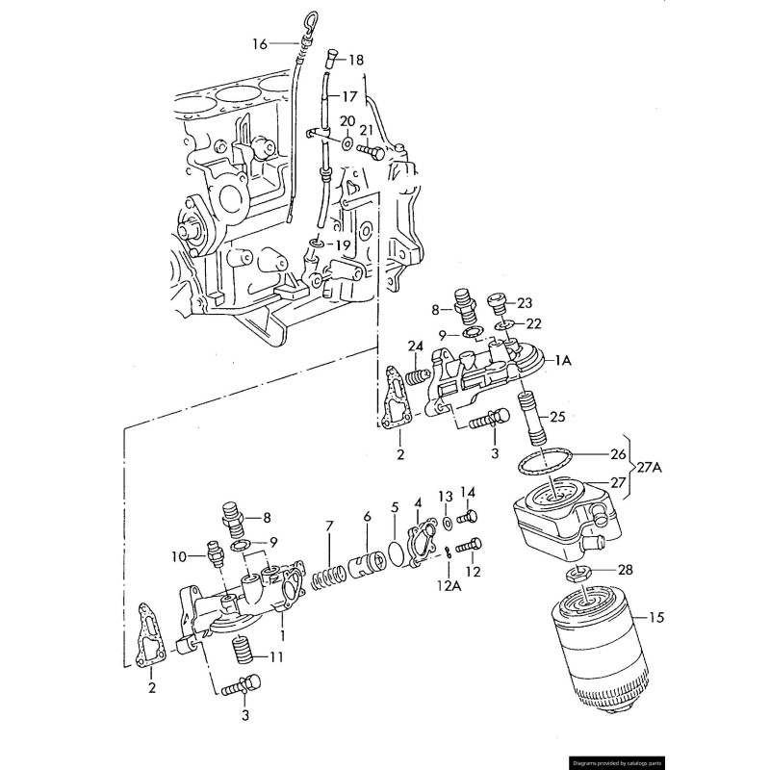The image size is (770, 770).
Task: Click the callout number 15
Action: [657, 617]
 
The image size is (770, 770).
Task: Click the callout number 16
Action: [260, 44]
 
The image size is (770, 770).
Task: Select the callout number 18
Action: [356, 60]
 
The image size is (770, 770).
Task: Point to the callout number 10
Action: [179, 556]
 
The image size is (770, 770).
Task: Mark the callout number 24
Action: [415, 346]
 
